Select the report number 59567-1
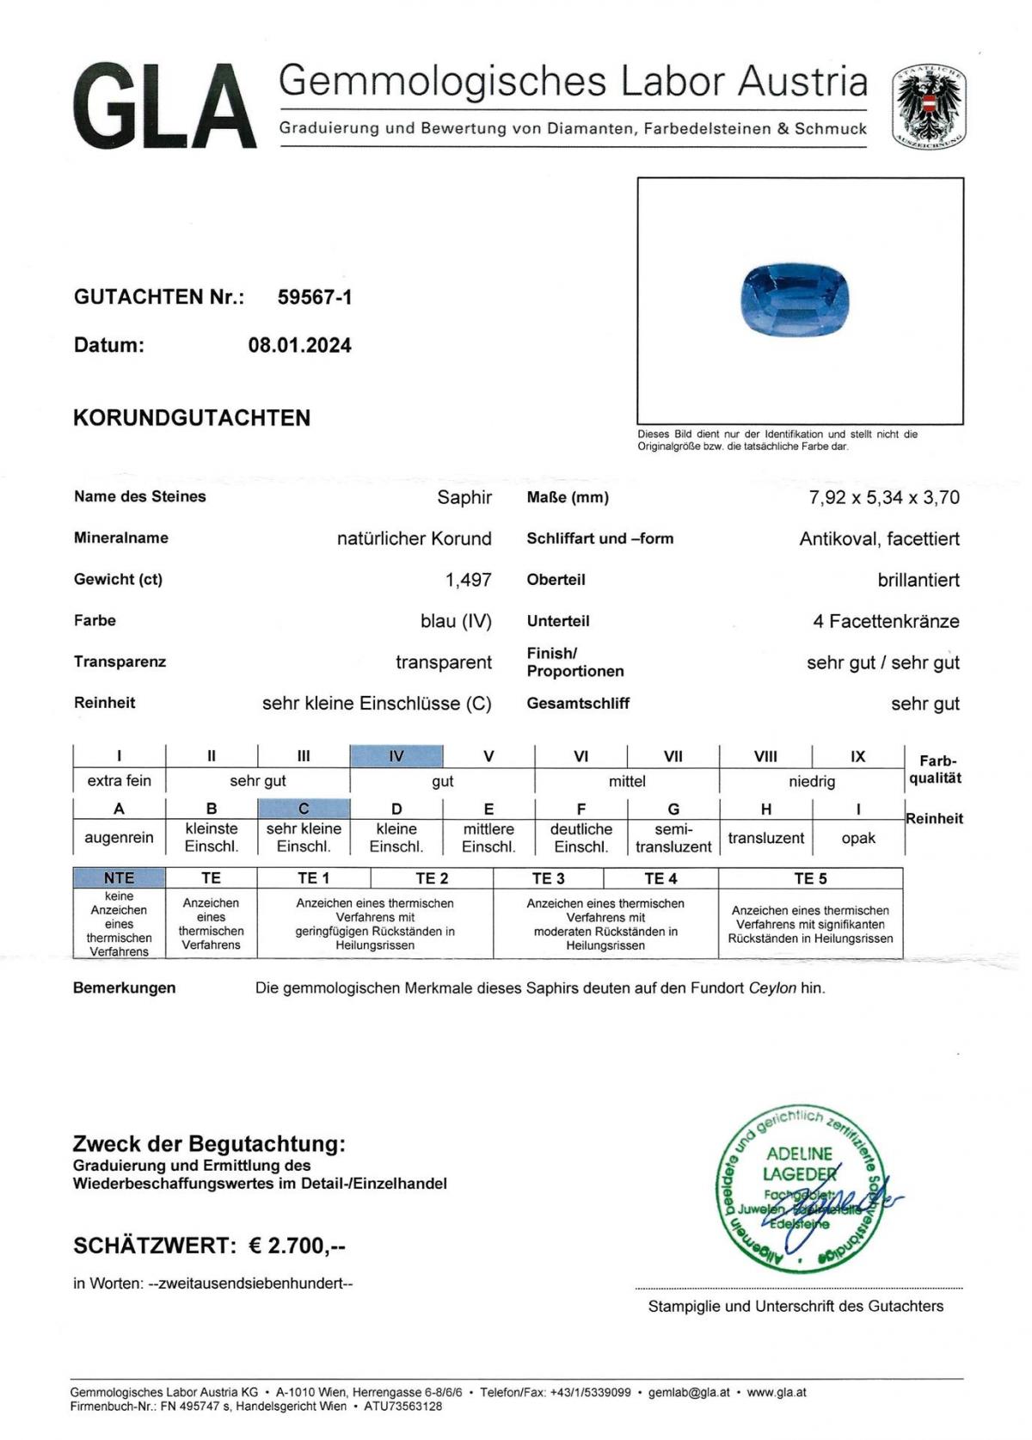point(315,298)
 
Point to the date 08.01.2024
point(299,346)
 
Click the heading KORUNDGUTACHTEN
point(192,418)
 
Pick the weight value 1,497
point(468,580)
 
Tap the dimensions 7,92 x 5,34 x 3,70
point(884,497)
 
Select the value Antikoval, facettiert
point(879,538)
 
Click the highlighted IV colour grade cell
point(396,756)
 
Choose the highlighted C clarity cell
point(304,809)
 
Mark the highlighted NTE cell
point(119,877)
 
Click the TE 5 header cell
point(810,878)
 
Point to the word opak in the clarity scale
point(857,838)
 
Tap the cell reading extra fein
point(119,781)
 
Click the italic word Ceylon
point(772,988)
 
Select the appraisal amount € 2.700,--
point(297,1246)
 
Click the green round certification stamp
point(800,1187)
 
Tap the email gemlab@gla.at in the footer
point(689,1392)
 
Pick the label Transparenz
point(120,662)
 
